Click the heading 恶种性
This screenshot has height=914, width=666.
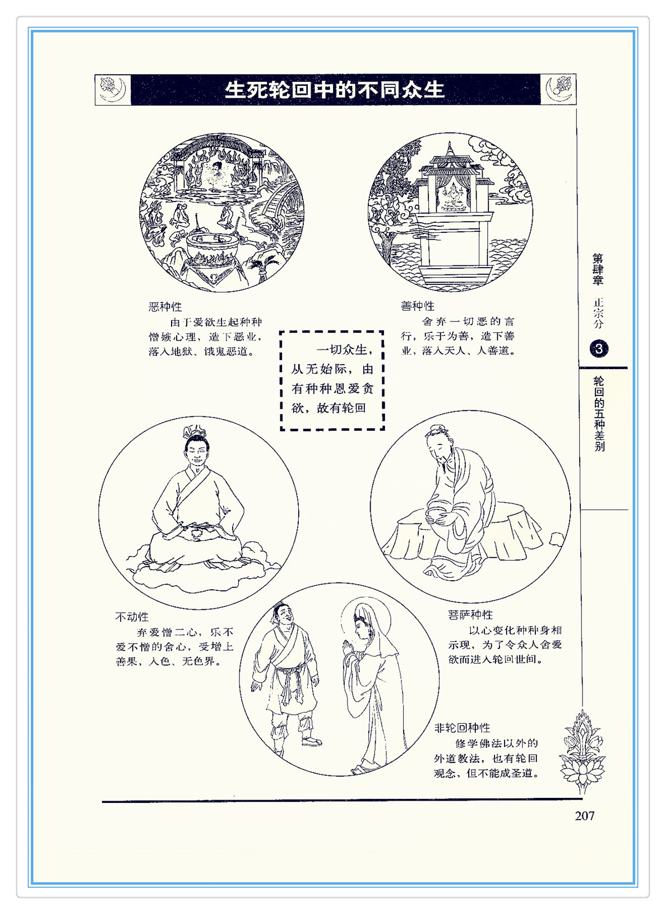[165, 306]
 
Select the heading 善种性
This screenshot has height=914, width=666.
[417, 306]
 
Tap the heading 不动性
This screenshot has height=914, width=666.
[132, 617]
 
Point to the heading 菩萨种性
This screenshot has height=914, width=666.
[470, 614]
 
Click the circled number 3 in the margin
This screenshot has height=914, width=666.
[599, 348]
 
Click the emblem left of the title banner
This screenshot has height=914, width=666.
[113, 90]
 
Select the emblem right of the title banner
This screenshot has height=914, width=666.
[558, 90]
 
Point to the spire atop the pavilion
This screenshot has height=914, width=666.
[450, 149]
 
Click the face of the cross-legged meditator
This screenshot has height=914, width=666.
[196, 452]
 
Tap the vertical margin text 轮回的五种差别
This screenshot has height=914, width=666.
[599, 414]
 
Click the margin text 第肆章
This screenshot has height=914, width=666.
[598, 269]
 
